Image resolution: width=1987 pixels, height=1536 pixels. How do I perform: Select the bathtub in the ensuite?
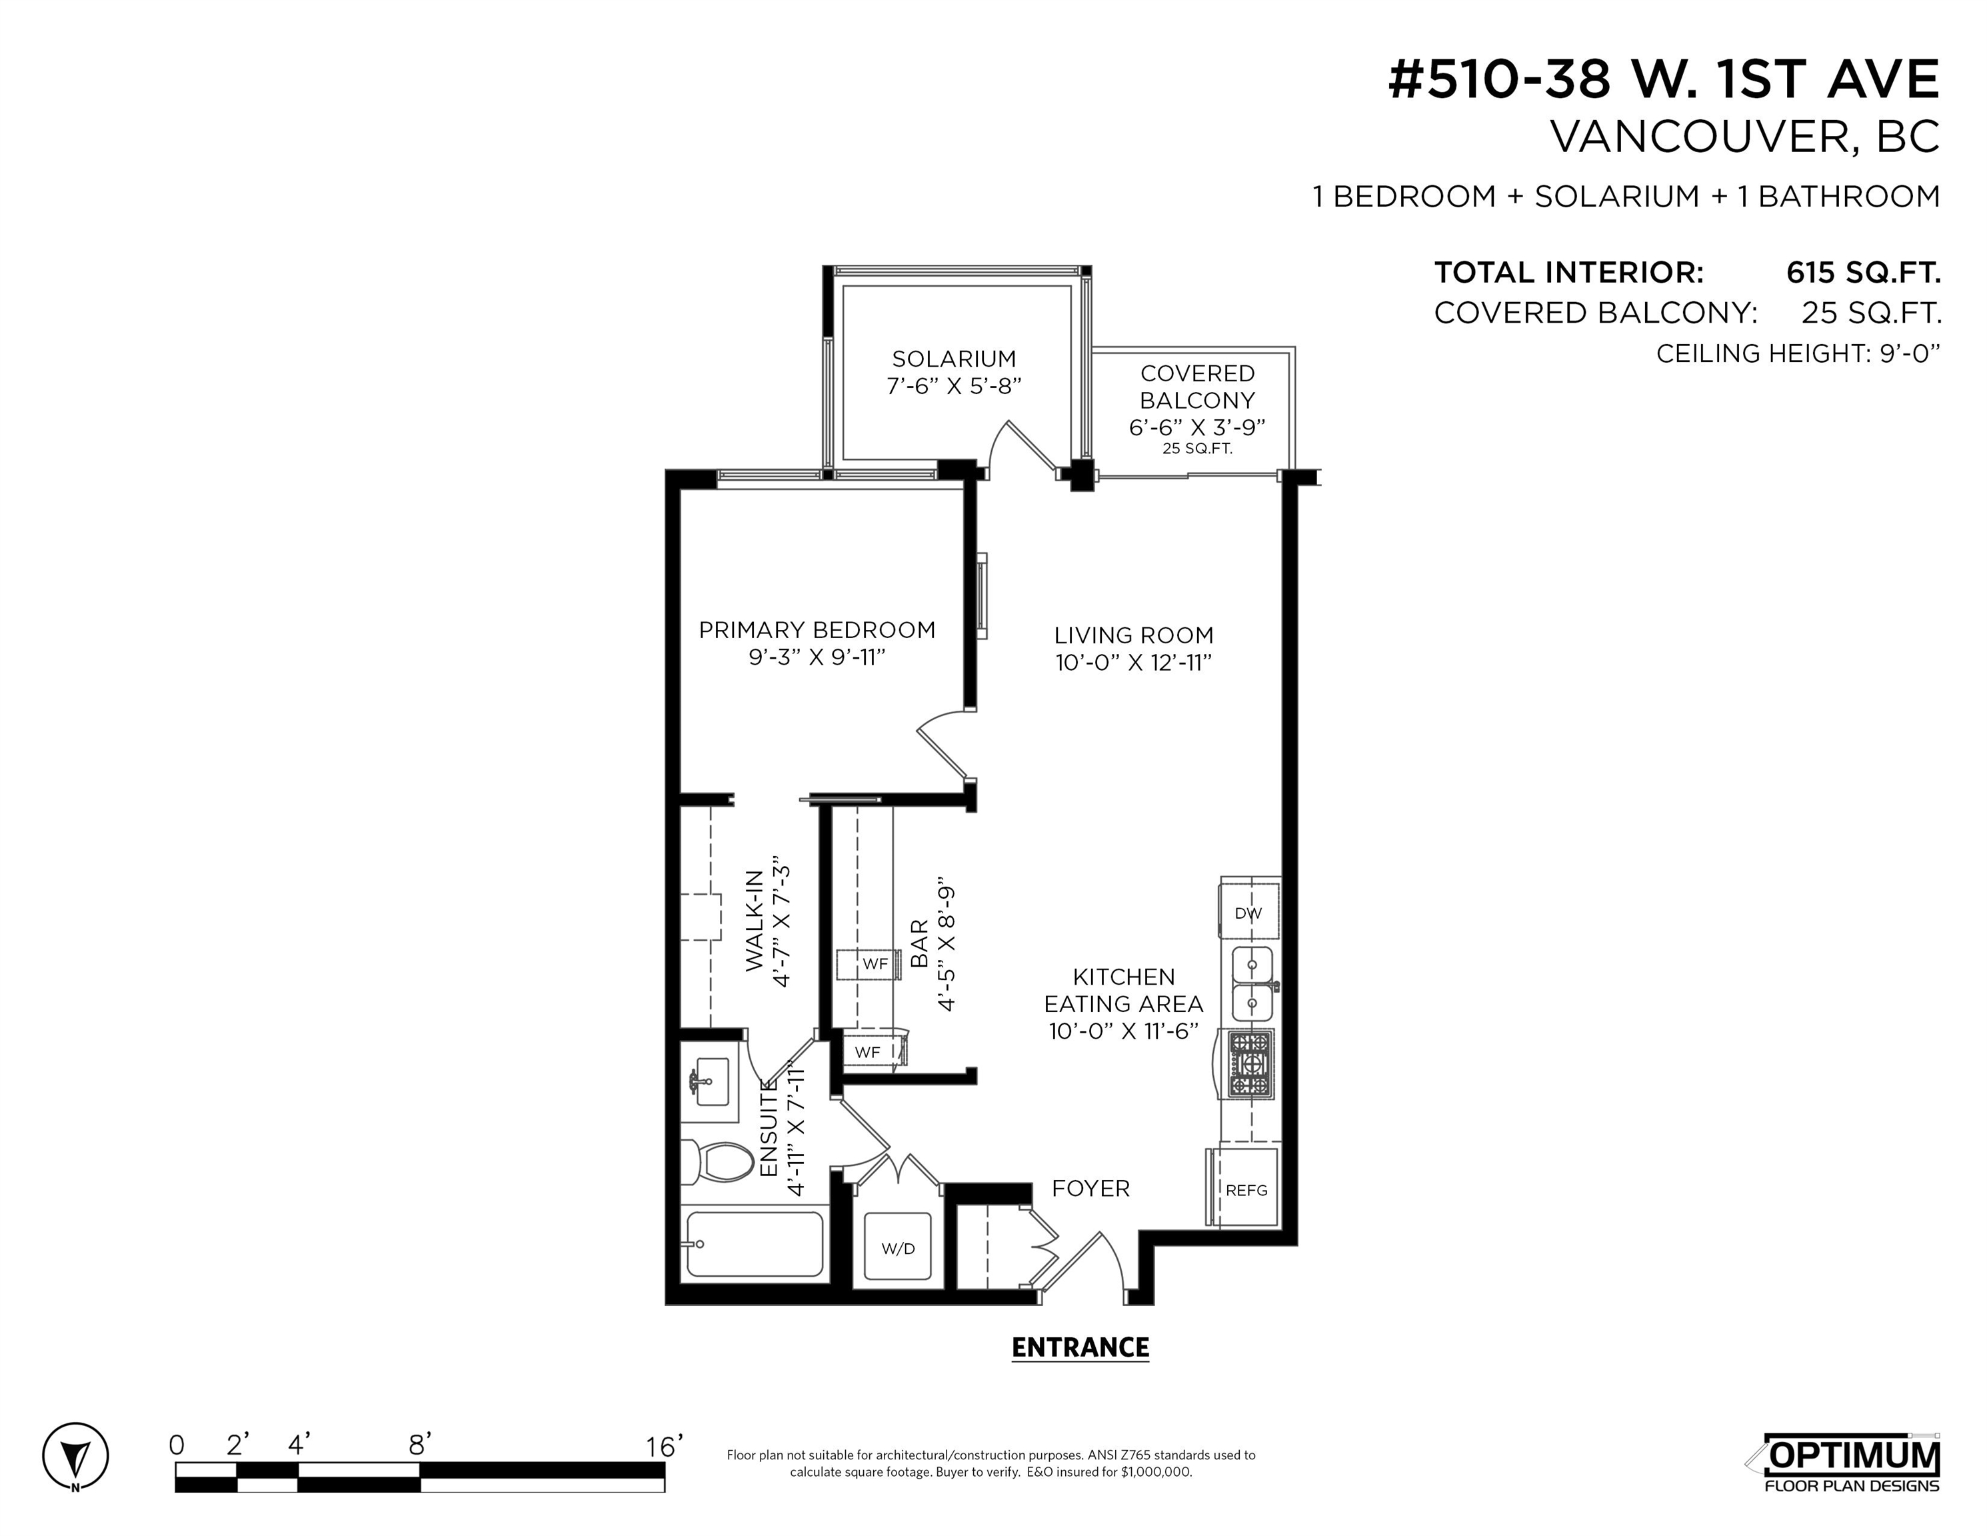click(755, 1244)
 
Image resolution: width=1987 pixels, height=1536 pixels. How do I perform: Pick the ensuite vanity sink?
click(711, 1082)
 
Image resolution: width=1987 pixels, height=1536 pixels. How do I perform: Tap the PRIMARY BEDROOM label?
click(817, 630)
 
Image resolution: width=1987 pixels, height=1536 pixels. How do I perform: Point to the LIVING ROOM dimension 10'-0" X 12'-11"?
click(1134, 663)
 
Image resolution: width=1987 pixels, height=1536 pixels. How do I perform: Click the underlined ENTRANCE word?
click(1080, 1347)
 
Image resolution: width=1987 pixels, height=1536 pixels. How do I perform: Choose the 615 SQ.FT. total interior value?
click(1863, 272)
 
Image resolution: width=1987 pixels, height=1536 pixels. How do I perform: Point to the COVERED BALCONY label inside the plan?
click(1197, 387)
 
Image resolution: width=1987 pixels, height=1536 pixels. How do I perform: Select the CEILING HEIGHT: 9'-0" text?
click(1798, 353)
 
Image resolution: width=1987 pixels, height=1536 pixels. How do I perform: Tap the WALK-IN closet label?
click(755, 921)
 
